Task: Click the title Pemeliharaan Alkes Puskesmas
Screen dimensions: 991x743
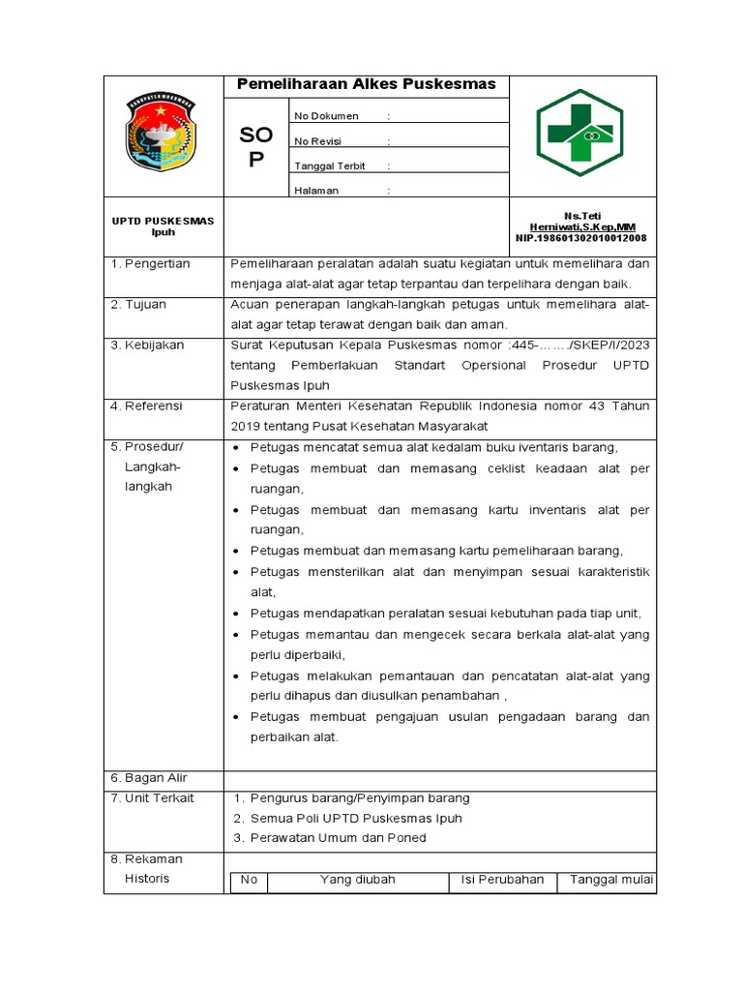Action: [367, 84]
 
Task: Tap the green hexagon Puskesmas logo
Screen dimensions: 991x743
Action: [580, 133]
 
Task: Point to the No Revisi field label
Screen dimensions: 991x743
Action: [320, 141]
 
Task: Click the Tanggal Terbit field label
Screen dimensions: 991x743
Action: [330, 165]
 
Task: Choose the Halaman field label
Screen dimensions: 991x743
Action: [316, 191]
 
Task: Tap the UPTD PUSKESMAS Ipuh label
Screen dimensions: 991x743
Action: [163, 225]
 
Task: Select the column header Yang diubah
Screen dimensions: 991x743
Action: [357, 880]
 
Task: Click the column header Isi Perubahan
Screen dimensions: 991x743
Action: [502, 880]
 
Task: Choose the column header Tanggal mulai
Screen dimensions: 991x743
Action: [611, 880]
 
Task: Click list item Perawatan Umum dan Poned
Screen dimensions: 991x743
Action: [338, 837]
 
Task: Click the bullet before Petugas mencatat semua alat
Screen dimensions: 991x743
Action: [238, 448]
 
